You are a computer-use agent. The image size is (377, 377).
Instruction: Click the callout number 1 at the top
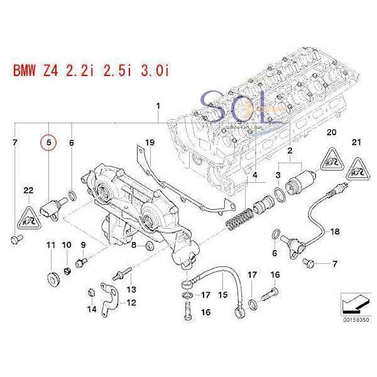158,106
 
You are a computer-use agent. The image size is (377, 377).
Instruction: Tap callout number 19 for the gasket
149,143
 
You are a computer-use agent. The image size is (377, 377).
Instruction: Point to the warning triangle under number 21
358,169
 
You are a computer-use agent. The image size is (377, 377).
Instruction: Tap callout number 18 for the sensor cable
334,232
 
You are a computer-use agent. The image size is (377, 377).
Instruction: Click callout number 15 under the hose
221,293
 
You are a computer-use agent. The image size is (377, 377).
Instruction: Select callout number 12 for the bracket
131,302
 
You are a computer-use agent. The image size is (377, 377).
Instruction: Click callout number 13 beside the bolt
131,288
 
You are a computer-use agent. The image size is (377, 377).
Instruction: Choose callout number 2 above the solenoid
289,152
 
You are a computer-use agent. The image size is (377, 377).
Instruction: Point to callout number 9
82,244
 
